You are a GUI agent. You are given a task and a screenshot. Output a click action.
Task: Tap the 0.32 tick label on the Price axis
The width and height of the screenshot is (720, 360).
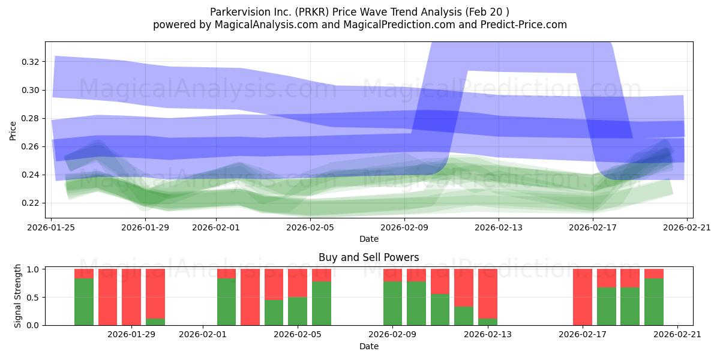point(30,62)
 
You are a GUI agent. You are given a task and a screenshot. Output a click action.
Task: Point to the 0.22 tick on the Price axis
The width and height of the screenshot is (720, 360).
point(30,203)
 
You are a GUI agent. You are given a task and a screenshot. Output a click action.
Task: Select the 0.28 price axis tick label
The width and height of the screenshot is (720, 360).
point(30,118)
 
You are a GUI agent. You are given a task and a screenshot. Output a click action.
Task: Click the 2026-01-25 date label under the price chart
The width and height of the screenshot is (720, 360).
point(51,227)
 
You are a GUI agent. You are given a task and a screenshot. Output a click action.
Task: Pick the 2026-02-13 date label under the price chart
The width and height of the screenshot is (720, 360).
point(499,227)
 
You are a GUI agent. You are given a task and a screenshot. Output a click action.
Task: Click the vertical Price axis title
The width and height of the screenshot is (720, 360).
point(13,131)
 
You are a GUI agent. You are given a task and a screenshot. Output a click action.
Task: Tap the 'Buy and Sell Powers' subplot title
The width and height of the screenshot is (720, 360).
point(368,257)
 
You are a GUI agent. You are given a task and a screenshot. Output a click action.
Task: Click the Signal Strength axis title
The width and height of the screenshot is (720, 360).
point(17,296)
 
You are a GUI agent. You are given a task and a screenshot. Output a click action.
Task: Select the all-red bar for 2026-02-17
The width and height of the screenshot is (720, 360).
point(583,297)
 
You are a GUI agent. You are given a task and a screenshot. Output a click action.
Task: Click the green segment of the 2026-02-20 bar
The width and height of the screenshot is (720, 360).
point(654,302)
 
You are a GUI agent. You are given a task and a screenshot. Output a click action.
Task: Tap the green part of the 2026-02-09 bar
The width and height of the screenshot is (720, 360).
point(392,304)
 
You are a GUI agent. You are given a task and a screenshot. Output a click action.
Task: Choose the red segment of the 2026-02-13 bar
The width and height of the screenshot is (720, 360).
point(488,294)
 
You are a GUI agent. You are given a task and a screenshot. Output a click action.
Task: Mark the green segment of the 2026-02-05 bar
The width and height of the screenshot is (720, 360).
point(322,304)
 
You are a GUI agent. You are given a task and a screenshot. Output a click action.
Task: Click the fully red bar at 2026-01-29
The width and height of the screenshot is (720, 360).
point(131,297)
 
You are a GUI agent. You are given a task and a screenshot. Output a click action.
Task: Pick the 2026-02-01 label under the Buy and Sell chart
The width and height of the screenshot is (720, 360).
point(203,334)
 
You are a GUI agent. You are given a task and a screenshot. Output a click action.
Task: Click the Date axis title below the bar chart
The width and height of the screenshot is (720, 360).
point(368,346)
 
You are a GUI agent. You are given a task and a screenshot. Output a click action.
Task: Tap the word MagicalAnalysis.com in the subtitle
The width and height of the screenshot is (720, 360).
point(266,25)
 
